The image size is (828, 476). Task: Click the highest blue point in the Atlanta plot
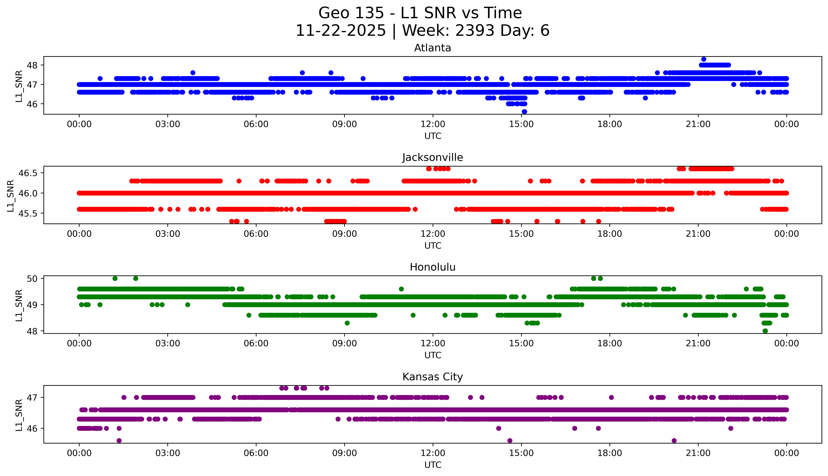703,59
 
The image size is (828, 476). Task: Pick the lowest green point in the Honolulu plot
765,331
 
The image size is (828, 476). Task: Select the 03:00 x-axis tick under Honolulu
168,343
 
